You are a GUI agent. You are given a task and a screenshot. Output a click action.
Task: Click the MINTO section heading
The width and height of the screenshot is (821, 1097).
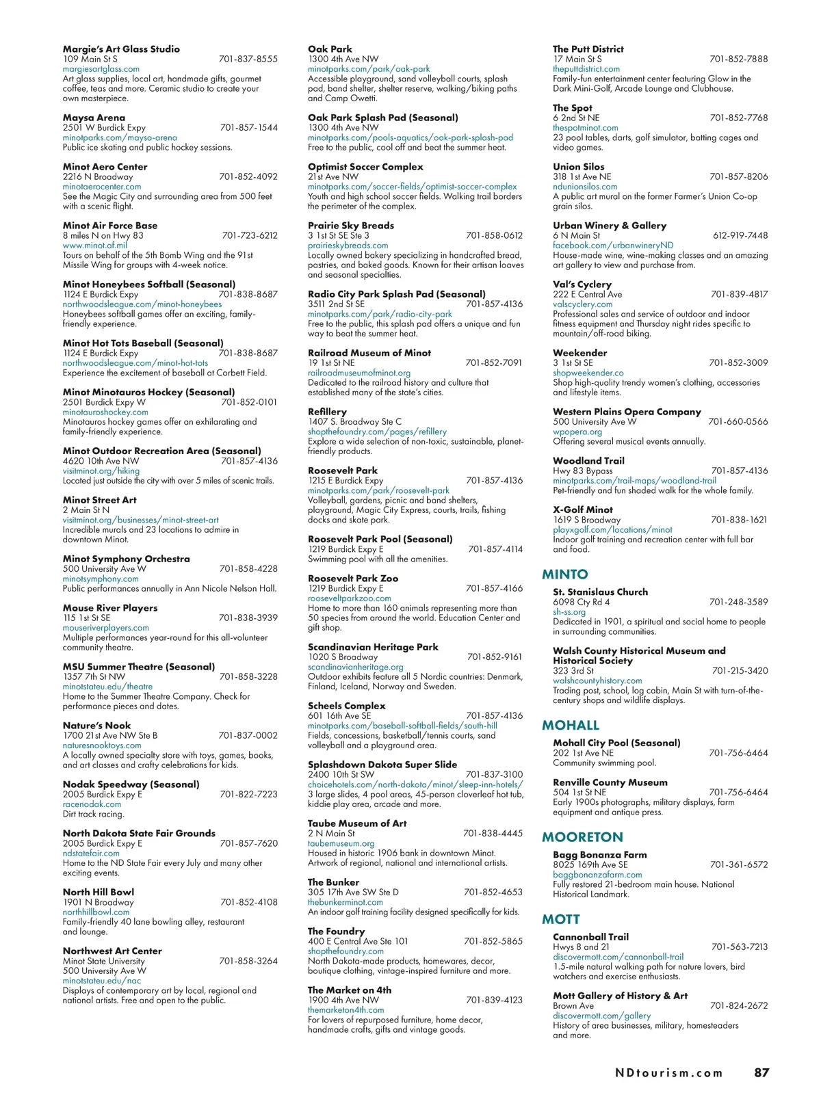(564, 574)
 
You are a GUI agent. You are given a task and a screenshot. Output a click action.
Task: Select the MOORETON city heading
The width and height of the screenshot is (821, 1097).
(582, 837)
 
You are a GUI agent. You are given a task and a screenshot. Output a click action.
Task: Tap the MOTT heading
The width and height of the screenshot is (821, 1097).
(561, 919)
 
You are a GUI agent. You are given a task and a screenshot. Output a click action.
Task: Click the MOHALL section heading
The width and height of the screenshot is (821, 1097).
(571, 725)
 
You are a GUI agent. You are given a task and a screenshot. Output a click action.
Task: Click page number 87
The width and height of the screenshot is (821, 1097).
(761, 1072)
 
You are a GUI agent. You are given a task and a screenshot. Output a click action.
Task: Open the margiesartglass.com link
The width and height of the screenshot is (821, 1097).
(101, 69)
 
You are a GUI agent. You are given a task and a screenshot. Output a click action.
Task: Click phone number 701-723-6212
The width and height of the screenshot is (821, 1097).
(249, 235)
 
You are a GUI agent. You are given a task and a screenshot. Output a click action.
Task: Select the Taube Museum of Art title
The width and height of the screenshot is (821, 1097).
(357, 823)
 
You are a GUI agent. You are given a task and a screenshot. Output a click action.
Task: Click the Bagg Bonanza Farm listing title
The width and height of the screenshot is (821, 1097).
(599, 855)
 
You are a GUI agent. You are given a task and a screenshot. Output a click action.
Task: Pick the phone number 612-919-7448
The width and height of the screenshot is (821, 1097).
(740, 235)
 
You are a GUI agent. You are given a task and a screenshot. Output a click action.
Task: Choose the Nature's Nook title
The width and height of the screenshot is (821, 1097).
(96, 726)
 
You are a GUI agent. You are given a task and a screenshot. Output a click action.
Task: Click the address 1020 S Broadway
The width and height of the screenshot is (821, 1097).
(343, 657)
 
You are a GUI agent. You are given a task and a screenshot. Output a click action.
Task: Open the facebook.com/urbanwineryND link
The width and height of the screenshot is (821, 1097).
(613, 246)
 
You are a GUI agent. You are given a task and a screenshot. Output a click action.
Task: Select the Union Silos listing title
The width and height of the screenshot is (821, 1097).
(578, 167)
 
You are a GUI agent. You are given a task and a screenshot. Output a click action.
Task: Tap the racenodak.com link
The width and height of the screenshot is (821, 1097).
(92, 804)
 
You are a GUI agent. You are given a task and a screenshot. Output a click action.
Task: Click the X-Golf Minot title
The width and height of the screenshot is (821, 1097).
(583, 510)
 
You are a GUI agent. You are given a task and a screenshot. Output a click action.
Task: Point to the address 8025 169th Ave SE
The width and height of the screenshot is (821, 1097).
(590, 865)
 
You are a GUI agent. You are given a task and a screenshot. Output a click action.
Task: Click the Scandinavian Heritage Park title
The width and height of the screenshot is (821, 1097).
(373, 647)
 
